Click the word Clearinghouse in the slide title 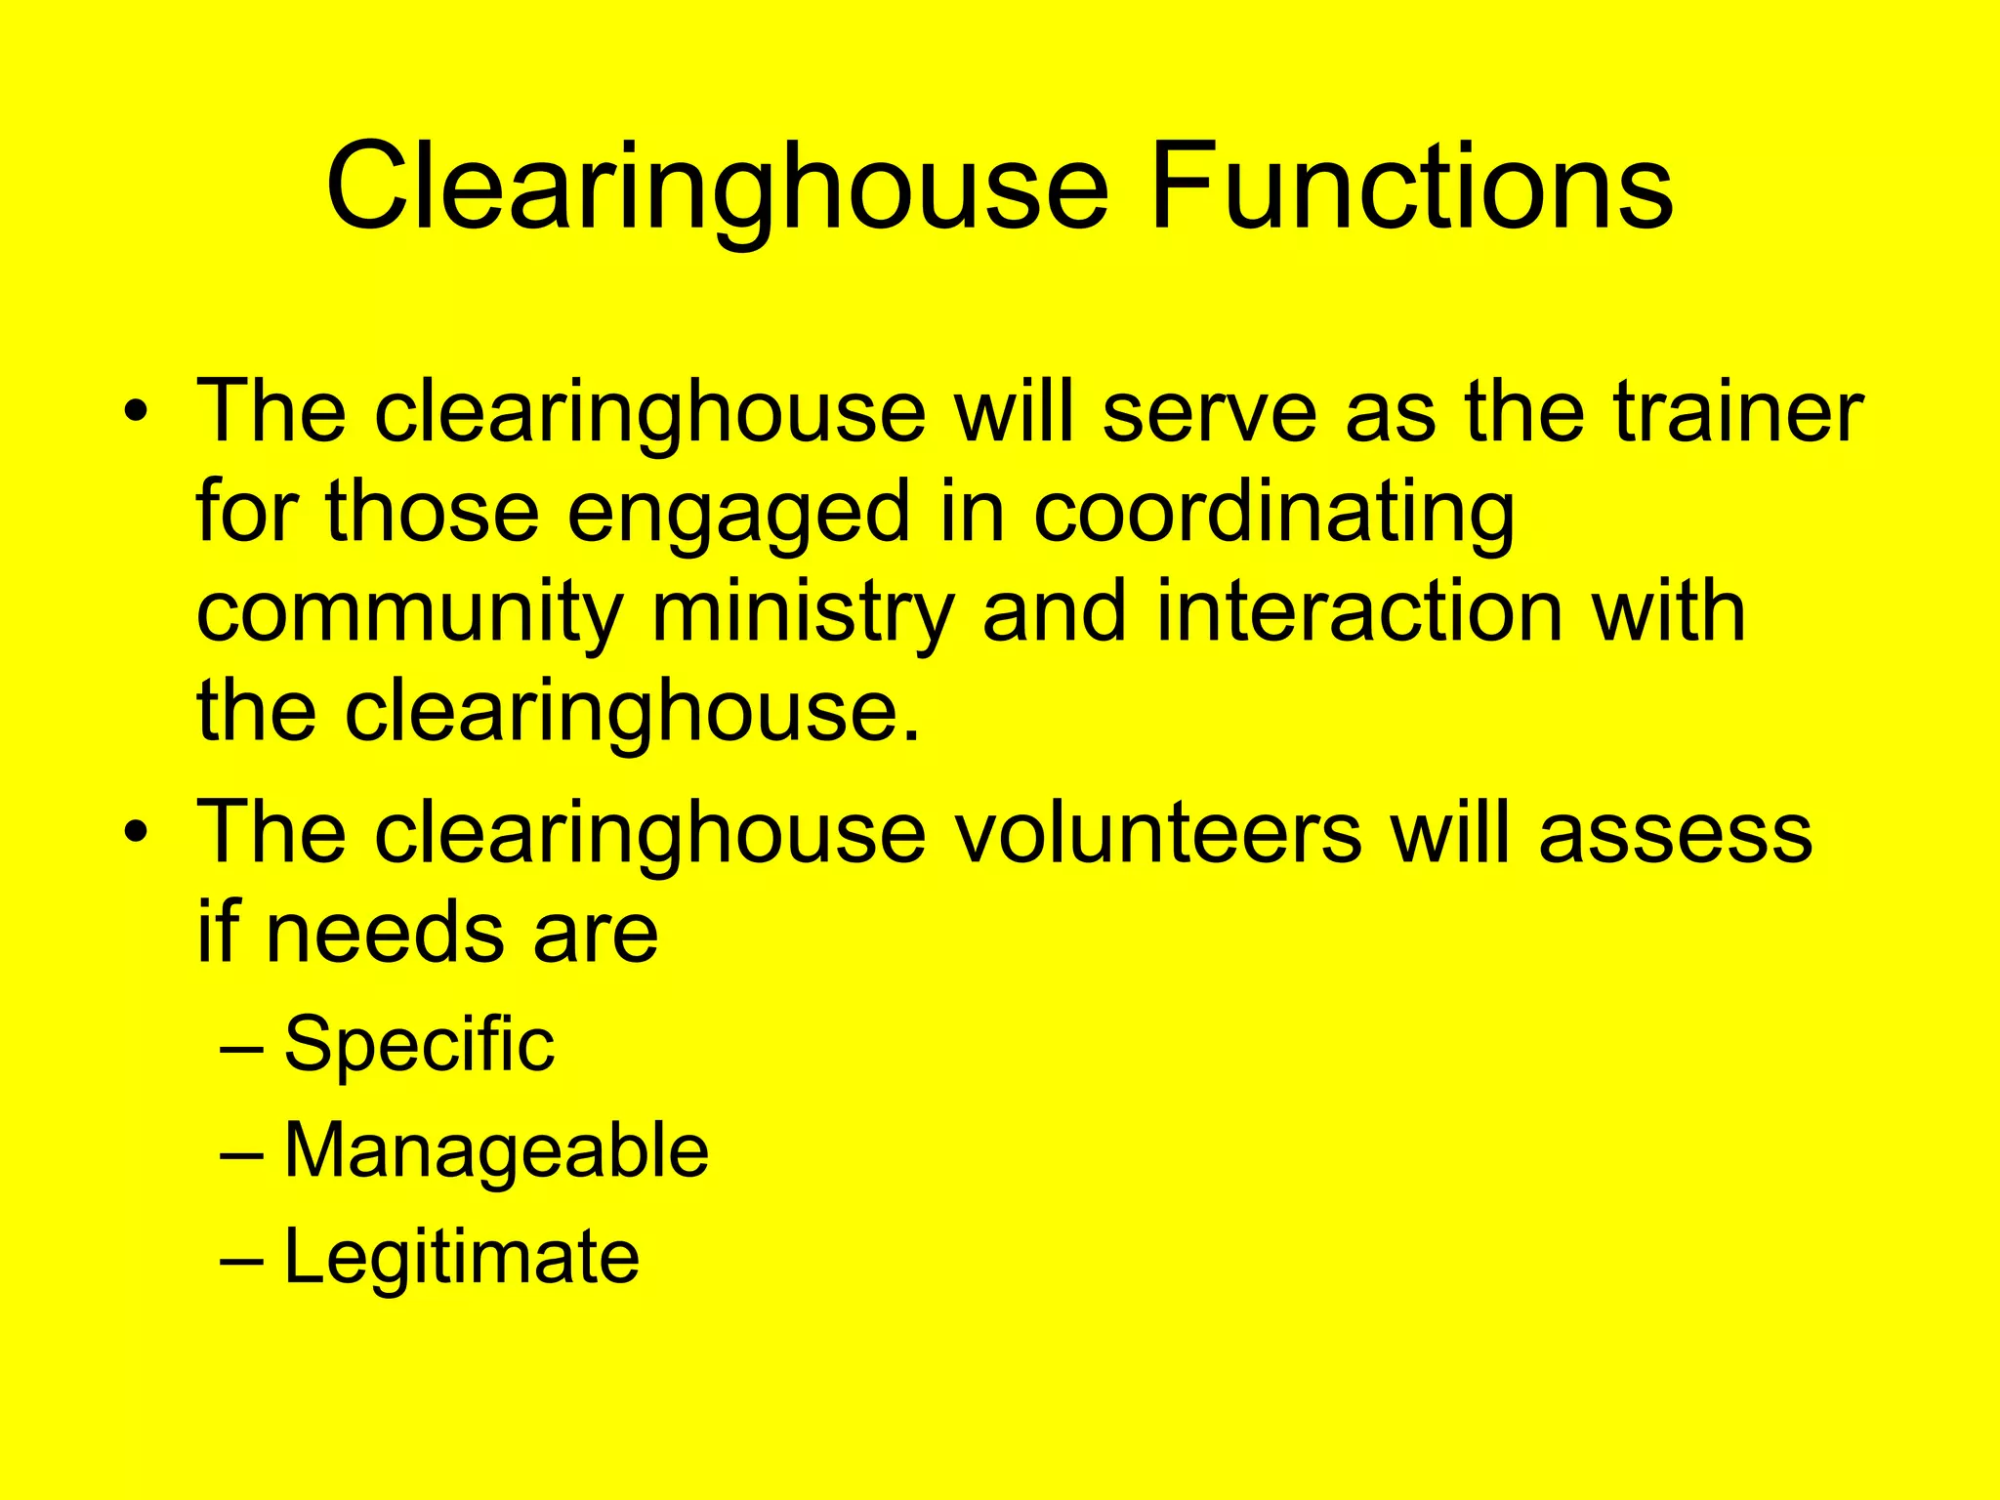pyautogui.click(x=717, y=187)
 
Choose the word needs pyautogui.click(x=387, y=933)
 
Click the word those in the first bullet pyautogui.click(x=432, y=512)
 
